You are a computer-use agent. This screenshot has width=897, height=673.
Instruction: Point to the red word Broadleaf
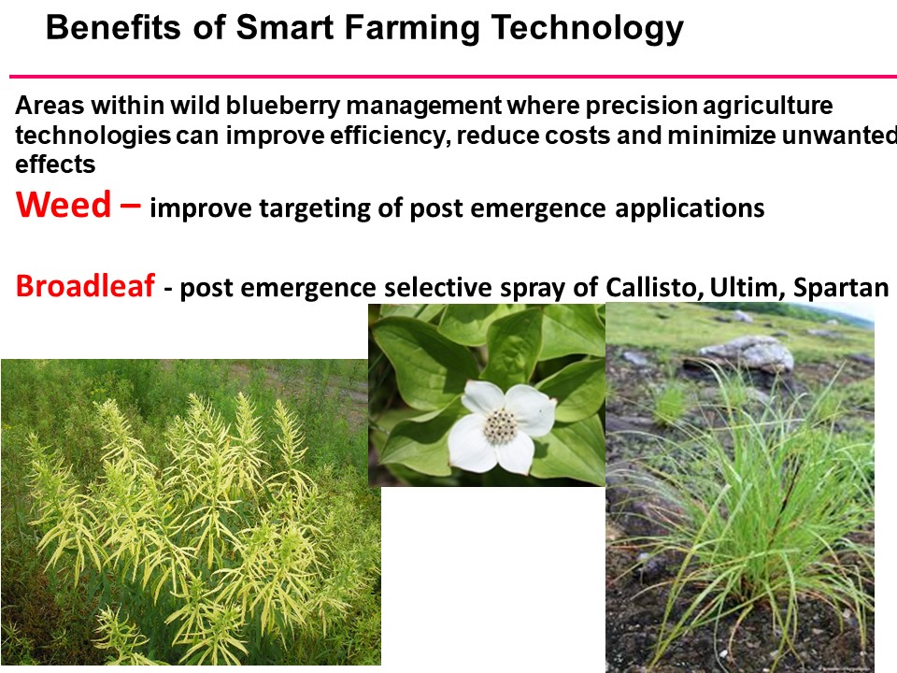pyautogui.click(x=85, y=287)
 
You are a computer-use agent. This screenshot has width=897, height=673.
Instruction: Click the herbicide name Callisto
pyautogui.click(x=638, y=288)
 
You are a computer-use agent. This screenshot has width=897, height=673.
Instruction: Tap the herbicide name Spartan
pyautogui.click(x=841, y=288)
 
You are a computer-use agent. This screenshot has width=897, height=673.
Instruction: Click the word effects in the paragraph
pyautogui.click(x=55, y=165)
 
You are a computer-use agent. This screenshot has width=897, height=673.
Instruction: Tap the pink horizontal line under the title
pyautogui.click(x=448, y=76)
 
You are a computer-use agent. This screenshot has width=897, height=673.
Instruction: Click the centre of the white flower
pyautogui.click(x=501, y=426)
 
